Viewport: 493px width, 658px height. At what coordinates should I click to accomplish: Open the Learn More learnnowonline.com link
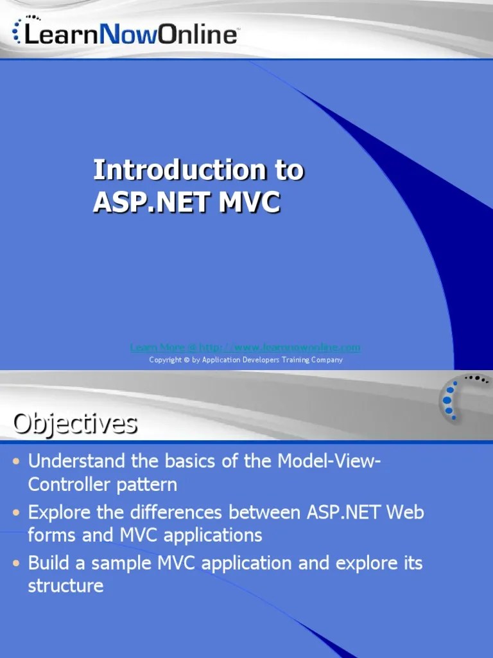pos(245,348)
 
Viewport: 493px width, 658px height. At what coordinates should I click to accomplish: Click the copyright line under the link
pos(245,360)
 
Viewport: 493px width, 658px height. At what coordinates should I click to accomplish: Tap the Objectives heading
pos(75,423)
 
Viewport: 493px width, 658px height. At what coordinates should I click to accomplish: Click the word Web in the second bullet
pos(404,513)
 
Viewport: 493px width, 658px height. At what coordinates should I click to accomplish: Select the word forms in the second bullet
pos(51,535)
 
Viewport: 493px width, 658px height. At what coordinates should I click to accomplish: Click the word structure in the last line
pos(65,586)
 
